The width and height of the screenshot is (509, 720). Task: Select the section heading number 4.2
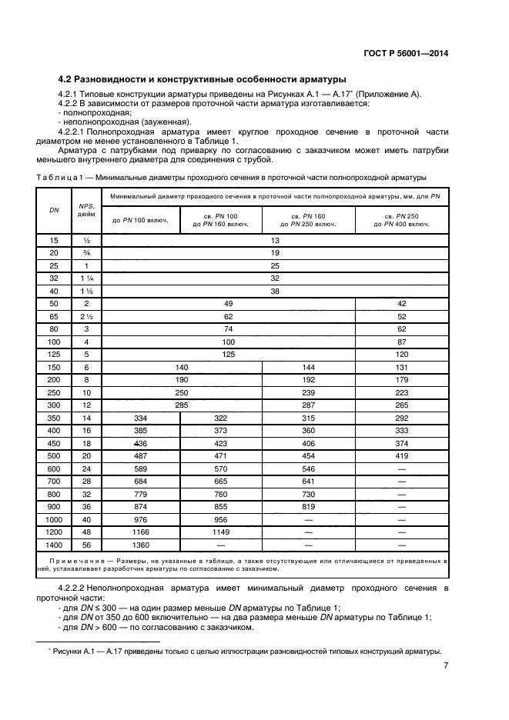(67, 78)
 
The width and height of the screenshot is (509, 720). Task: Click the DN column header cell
(53, 210)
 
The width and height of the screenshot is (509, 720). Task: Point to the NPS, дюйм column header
(86, 210)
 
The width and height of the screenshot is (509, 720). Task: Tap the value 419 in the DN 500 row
(401, 455)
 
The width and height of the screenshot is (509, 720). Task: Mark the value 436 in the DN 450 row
(140, 442)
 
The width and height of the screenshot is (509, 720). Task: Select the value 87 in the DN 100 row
(401, 341)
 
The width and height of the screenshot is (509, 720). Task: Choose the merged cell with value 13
(275, 240)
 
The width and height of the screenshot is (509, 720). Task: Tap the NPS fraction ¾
(86, 252)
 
